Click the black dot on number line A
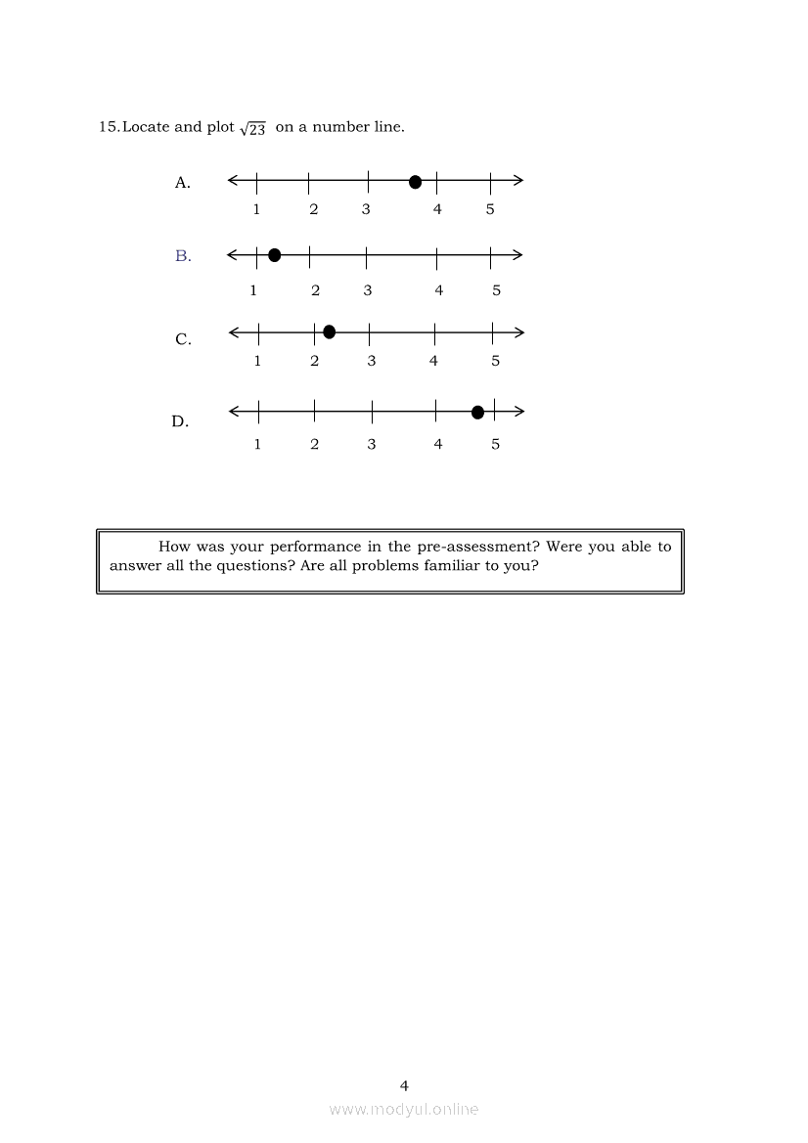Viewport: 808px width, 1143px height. pos(415,182)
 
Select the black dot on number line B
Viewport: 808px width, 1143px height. pos(274,255)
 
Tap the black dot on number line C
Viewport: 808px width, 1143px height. pos(329,332)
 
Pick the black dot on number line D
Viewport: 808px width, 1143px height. pos(477,413)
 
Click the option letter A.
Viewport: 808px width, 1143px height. pos(182,183)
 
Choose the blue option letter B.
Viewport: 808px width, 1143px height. pos(182,256)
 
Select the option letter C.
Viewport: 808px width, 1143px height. pos(183,340)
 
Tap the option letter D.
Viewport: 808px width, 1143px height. pos(180,422)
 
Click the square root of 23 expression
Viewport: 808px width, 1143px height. pos(253,129)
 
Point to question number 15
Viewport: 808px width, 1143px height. pos(109,127)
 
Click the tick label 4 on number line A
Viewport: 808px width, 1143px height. pos(437,209)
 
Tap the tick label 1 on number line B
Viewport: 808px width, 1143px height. pos(253,290)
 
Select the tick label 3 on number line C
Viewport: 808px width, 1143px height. pos(372,361)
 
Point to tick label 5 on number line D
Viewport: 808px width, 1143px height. pos(495,445)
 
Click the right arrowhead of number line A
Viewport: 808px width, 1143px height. pos(518,180)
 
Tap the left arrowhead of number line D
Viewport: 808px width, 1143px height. pos(235,412)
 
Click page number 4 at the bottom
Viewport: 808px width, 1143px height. pos(404,1085)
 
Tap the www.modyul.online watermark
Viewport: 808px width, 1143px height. pos(404,1109)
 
